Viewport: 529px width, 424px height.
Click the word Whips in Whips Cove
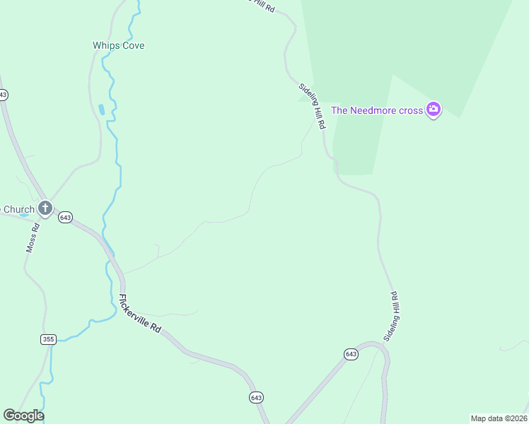(105, 45)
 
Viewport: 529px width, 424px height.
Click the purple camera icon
(434, 110)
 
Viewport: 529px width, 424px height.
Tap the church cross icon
(45, 208)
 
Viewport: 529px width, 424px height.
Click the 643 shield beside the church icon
(65, 217)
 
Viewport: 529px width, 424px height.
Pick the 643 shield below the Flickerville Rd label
(256, 398)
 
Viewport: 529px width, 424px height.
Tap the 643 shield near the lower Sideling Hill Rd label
(351, 353)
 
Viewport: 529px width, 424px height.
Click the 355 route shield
(47, 339)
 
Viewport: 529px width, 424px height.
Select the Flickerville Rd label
(140, 314)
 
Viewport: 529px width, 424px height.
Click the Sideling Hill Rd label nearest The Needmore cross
(312, 106)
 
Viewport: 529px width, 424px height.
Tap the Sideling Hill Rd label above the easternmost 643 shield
(393, 316)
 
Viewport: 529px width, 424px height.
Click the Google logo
(23, 416)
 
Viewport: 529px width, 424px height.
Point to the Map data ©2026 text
(498, 418)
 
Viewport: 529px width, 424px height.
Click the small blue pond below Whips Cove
(102, 110)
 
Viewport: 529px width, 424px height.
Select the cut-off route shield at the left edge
(3, 95)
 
